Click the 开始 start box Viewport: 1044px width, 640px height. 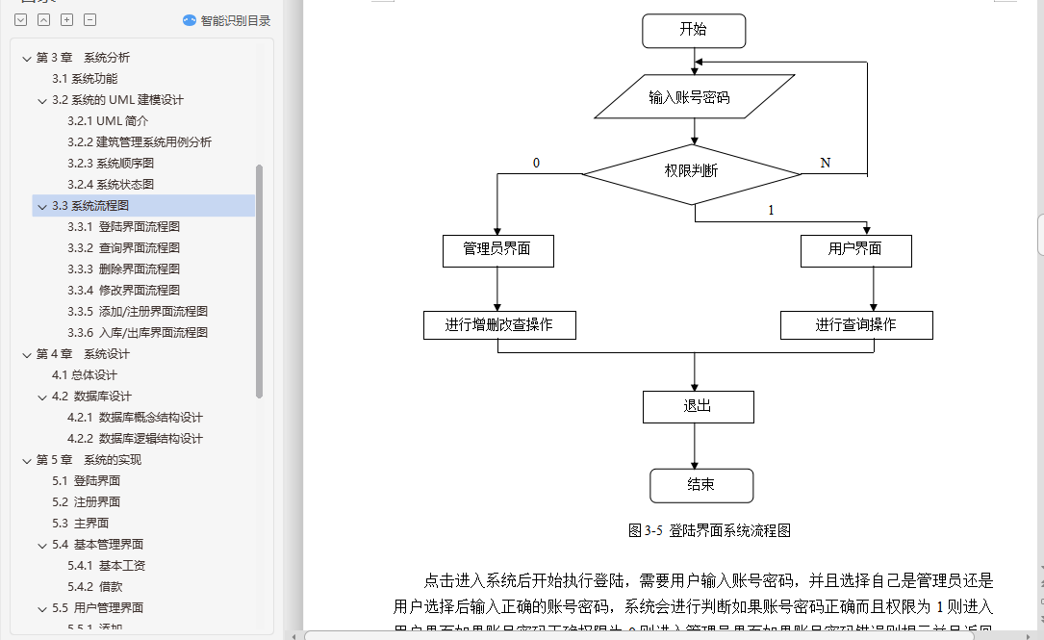tap(694, 30)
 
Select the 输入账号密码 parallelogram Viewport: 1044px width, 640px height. tap(689, 97)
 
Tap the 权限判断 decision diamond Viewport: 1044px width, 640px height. tap(691, 171)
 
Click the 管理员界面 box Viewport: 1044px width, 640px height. tap(497, 250)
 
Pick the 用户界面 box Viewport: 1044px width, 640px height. tap(855, 250)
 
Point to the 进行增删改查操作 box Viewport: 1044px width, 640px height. tap(499, 324)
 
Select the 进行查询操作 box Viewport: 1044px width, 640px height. tap(856, 324)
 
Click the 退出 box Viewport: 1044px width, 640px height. tap(698, 406)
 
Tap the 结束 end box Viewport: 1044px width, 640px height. tap(700, 485)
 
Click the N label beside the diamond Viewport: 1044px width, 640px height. tap(826, 163)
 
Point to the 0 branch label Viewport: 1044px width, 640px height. tap(536, 163)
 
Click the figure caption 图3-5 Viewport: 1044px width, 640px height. tap(709, 530)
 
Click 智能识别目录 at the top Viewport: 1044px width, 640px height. tap(227, 20)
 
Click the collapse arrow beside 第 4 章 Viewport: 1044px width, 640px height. tap(26, 354)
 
